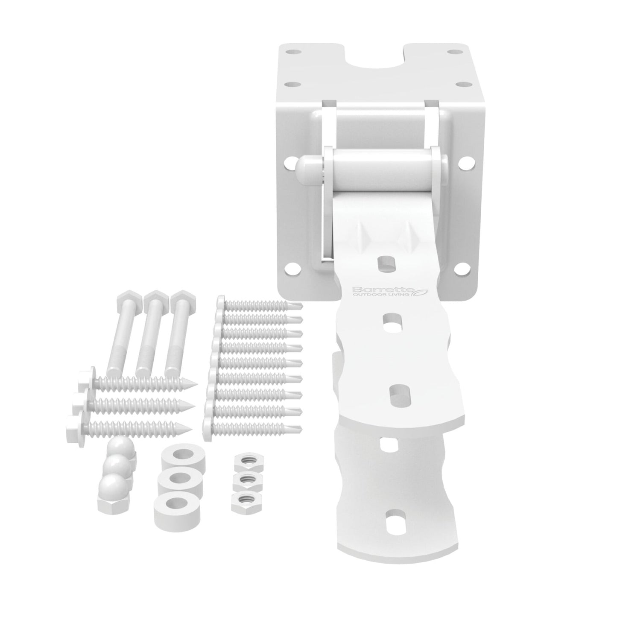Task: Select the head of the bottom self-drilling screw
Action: pyautogui.click(x=208, y=426)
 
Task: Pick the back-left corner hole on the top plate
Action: pyautogui.click(x=291, y=53)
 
